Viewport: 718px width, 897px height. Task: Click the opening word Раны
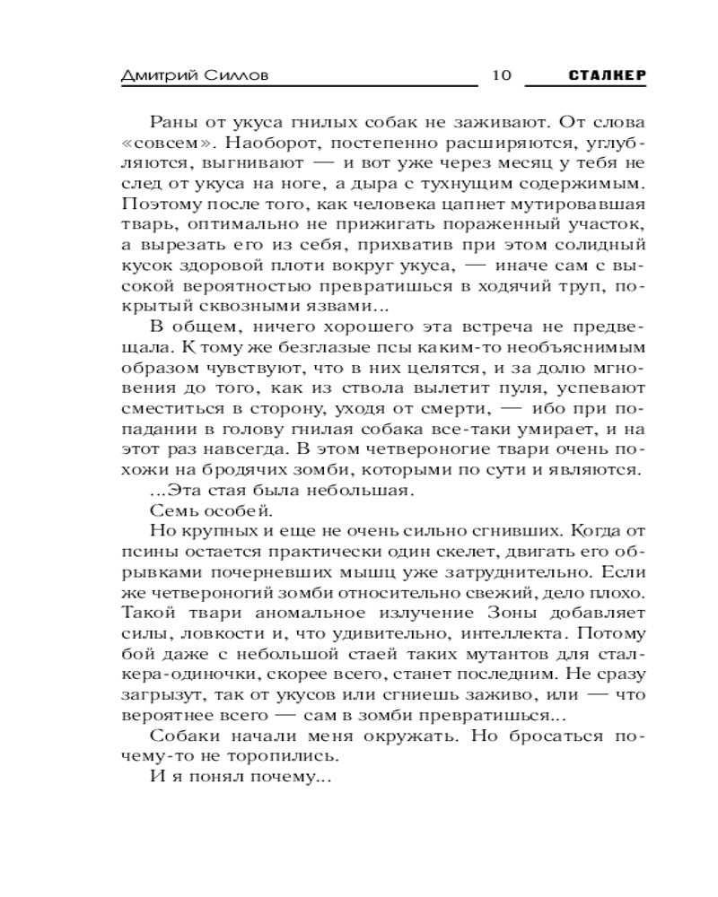point(170,122)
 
